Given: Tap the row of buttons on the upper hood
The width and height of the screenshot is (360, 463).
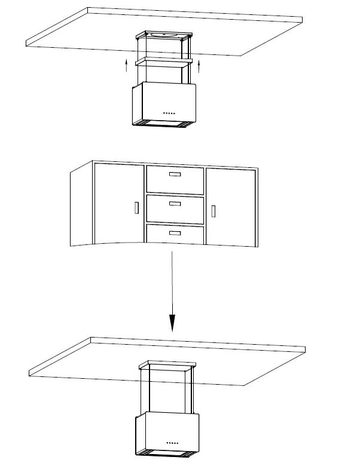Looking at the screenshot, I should click(x=170, y=112).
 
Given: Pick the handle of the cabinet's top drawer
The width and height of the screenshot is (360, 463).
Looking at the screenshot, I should click(x=175, y=174).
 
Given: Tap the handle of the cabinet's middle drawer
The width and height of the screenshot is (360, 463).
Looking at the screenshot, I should click(x=175, y=204).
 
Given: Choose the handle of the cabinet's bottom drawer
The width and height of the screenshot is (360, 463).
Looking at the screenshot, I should click(x=175, y=233).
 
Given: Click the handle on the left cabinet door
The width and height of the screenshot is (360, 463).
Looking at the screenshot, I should click(x=136, y=208).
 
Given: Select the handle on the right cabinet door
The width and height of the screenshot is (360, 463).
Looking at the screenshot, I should click(x=213, y=210).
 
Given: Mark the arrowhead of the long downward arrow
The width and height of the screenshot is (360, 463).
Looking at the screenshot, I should click(x=172, y=323).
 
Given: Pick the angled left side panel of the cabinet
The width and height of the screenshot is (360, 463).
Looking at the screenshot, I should click(x=81, y=206).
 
